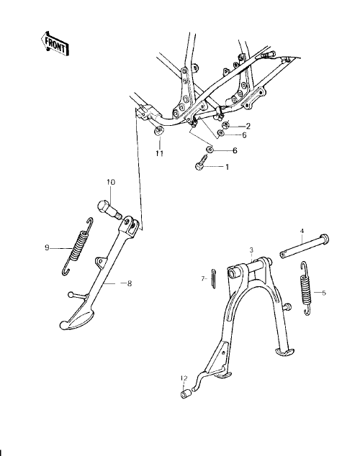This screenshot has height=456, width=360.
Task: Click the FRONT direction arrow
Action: pyautogui.click(x=55, y=45)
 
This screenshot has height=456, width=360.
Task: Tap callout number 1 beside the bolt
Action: pyautogui.click(x=227, y=167)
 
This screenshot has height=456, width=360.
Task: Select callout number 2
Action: pyautogui.click(x=248, y=126)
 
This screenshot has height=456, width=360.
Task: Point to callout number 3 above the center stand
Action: pyautogui.click(x=251, y=250)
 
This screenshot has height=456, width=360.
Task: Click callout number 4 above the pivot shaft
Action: pyautogui.click(x=302, y=231)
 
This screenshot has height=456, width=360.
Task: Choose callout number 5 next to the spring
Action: pyautogui.click(x=323, y=293)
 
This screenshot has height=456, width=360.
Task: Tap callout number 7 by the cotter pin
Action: pyautogui.click(x=203, y=278)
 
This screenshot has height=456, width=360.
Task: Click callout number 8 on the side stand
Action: pyautogui.click(x=130, y=283)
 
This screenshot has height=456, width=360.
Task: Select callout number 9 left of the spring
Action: pyautogui.click(x=47, y=247)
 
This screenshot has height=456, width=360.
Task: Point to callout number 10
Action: pyautogui.click(x=111, y=183)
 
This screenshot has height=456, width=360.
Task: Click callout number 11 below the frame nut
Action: pyautogui.click(x=160, y=153)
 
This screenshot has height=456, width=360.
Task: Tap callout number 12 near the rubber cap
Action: pyautogui.click(x=184, y=378)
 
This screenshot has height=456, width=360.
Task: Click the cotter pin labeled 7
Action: pyautogui.click(x=213, y=278)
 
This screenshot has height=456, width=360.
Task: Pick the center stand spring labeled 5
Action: pyautogui.click(x=305, y=288)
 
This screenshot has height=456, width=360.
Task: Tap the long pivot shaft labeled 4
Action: pyautogui.click(x=305, y=246)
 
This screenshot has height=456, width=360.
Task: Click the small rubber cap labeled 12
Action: pyautogui.click(x=186, y=394)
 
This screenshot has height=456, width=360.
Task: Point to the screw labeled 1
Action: pyautogui.click(x=202, y=163)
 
